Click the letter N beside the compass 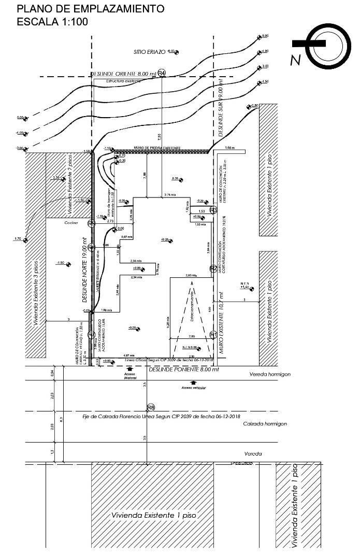pos(295,61)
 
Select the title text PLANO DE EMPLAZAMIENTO pos(91,9)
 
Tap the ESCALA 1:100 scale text pos(52,22)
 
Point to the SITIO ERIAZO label pos(149,52)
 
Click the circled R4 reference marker pos(162,73)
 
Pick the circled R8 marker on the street pos(151,407)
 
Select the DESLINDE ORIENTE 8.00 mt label pos(123,74)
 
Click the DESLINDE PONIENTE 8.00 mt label pos(183,370)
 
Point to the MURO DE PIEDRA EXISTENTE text pos(157,148)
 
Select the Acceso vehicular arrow pos(194,386)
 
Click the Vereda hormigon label pos(270,374)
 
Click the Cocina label pos(71,223)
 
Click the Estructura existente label pos(123,81)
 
